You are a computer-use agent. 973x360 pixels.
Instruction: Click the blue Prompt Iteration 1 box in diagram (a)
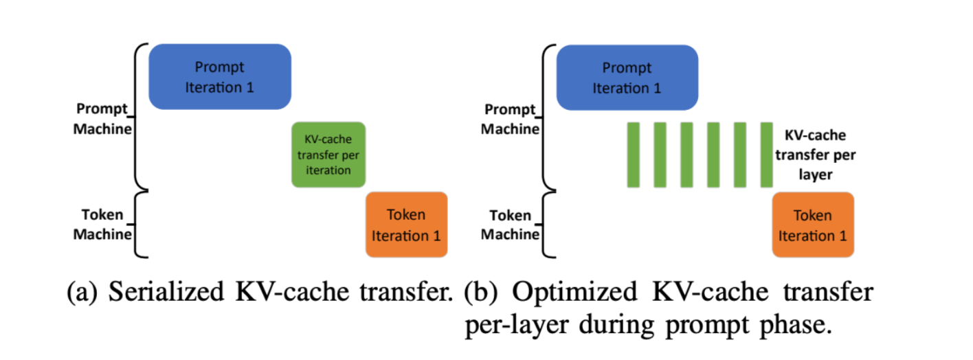click(220, 77)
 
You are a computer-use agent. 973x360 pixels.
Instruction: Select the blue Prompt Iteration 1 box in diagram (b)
click(627, 78)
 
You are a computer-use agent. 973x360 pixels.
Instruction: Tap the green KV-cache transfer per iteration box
click(328, 155)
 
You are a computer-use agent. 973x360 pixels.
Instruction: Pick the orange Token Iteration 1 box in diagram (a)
click(406, 225)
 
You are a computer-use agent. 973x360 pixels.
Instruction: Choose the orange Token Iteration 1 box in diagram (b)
click(813, 225)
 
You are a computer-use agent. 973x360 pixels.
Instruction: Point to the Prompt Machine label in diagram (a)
click(102, 119)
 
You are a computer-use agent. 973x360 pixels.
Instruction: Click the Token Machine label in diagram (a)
click(102, 224)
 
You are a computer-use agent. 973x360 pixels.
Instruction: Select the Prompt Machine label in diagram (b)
click(510, 119)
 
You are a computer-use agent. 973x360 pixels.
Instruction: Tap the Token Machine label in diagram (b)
click(510, 224)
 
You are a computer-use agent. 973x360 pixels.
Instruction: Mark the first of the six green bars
click(634, 155)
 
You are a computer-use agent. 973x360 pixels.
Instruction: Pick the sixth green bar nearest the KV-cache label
click(767, 155)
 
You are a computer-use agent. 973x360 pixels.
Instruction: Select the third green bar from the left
click(686, 155)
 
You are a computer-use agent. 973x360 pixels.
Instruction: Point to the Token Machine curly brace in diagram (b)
click(548, 225)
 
